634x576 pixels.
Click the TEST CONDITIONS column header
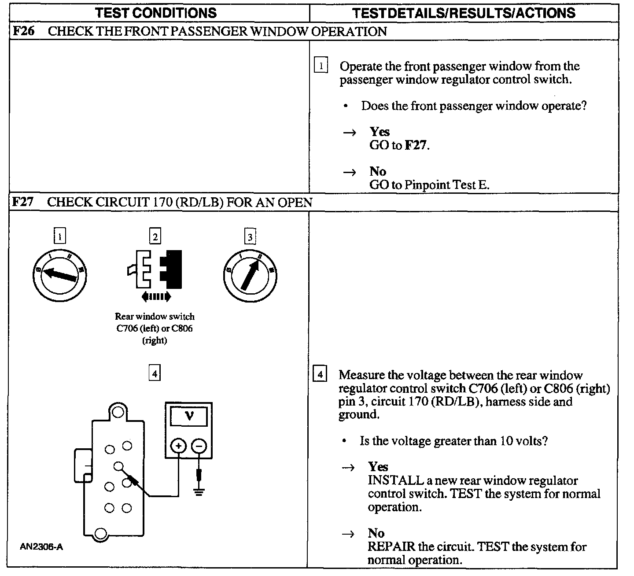[156, 13]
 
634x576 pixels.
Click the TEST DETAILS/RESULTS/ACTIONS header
[464, 13]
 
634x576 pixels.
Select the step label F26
[22, 32]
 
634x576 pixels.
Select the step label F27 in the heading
[22, 203]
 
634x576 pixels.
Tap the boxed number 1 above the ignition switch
[59, 237]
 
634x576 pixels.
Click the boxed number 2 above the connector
[155, 237]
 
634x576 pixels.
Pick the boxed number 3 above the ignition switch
[250, 237]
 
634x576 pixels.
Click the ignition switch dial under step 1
[60, 275]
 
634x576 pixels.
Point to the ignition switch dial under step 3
[250, 276]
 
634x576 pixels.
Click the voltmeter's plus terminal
[178, 446]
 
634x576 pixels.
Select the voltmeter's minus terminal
[199, 446]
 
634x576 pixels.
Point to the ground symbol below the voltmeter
[199, 491]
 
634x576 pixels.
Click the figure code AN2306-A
[41, 547]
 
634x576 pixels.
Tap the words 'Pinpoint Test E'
[446, 185]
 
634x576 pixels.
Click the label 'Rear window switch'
[155, 316]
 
